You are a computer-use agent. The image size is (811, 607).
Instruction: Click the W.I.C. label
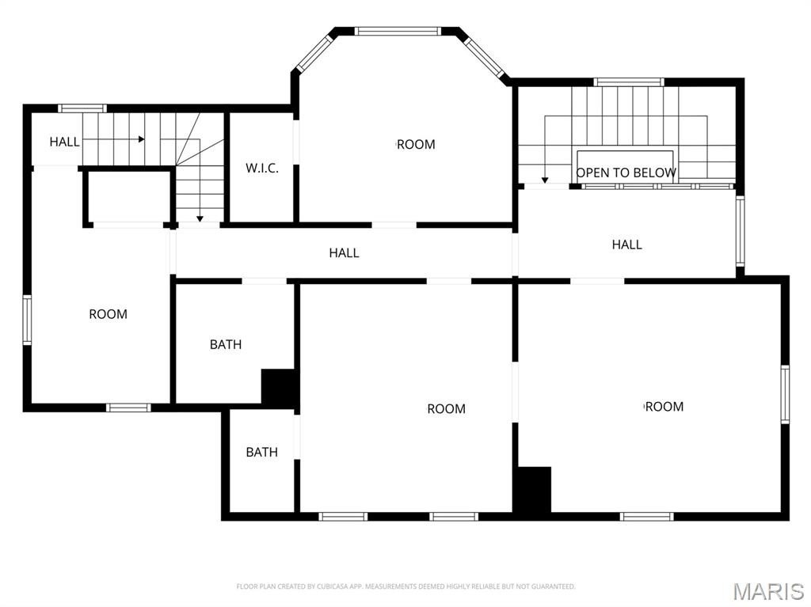tap(261, 168)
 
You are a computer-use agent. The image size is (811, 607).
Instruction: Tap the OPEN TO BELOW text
tap(626, 173)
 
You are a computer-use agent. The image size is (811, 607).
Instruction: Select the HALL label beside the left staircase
tap(65, 142)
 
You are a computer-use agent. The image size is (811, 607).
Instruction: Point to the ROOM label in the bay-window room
tap(416, 145)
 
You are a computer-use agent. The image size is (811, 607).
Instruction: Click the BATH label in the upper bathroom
tap(226, 344)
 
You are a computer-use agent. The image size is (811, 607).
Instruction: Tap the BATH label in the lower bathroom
tap(261, 453)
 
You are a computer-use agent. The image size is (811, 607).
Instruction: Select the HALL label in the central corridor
tap(344, 252)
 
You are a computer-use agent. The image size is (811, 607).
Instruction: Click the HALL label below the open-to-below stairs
tap(627, 245)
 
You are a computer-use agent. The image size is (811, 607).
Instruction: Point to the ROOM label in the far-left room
tap(108, 314)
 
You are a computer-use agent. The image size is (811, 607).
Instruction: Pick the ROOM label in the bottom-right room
tap(664, 407)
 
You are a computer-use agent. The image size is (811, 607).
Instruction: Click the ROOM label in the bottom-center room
tap(447, 409)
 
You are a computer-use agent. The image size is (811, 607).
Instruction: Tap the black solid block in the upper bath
tap(280, 387)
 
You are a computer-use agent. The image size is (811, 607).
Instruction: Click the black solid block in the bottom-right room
tap(534, 490)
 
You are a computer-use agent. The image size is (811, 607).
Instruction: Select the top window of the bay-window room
tap(398, 31)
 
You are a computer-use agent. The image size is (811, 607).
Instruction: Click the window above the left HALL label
tap(82, 108)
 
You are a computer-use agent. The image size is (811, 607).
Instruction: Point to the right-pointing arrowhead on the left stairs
tap(141, 139)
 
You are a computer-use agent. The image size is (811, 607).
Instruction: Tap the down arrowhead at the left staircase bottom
tap(200, 219)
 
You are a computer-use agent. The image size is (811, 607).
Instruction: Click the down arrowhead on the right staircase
tap(545, 180)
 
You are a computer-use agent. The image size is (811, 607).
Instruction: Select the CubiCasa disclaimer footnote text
tap(405, 586)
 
